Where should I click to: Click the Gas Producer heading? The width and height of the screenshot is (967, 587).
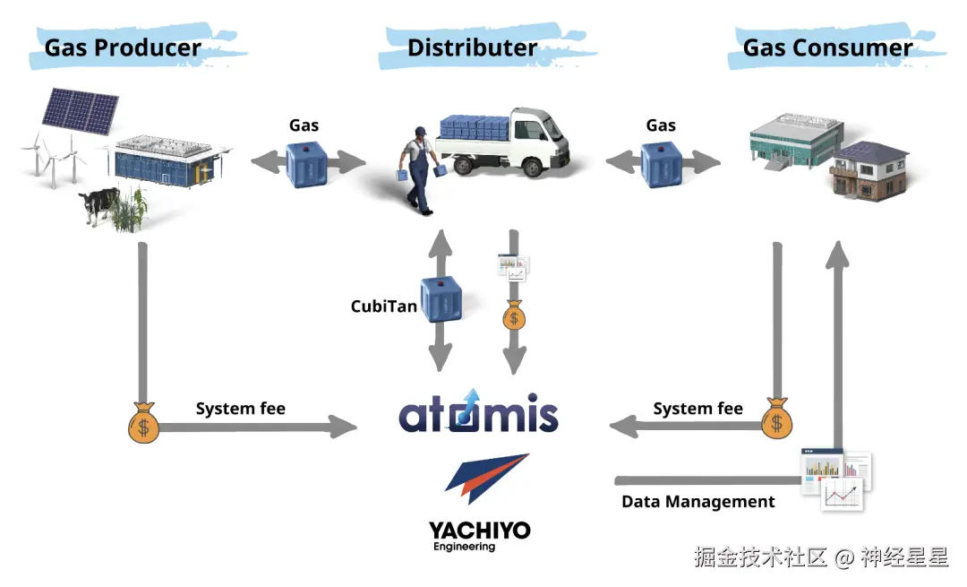point(123,47)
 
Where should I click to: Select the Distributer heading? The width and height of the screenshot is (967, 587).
point(472,47)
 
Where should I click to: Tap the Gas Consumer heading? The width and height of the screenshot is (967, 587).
point(827,47)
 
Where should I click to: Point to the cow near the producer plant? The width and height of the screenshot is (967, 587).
point(100,205)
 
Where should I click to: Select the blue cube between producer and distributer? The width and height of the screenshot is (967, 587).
point(307,163)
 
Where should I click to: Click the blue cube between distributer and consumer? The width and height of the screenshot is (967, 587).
point(663,163)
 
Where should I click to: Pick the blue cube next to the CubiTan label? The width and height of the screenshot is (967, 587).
point(441,300)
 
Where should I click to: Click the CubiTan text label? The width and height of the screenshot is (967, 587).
point(383,306)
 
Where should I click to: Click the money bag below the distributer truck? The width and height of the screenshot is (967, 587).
point(514,315)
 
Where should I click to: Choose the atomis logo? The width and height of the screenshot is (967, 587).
point(478,413)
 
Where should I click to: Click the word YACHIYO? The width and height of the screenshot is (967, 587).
point(479,531)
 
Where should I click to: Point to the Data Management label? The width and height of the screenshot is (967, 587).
point(697,502)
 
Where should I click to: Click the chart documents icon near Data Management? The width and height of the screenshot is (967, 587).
point(836,478)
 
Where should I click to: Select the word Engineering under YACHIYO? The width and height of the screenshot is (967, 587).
point(464,547)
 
